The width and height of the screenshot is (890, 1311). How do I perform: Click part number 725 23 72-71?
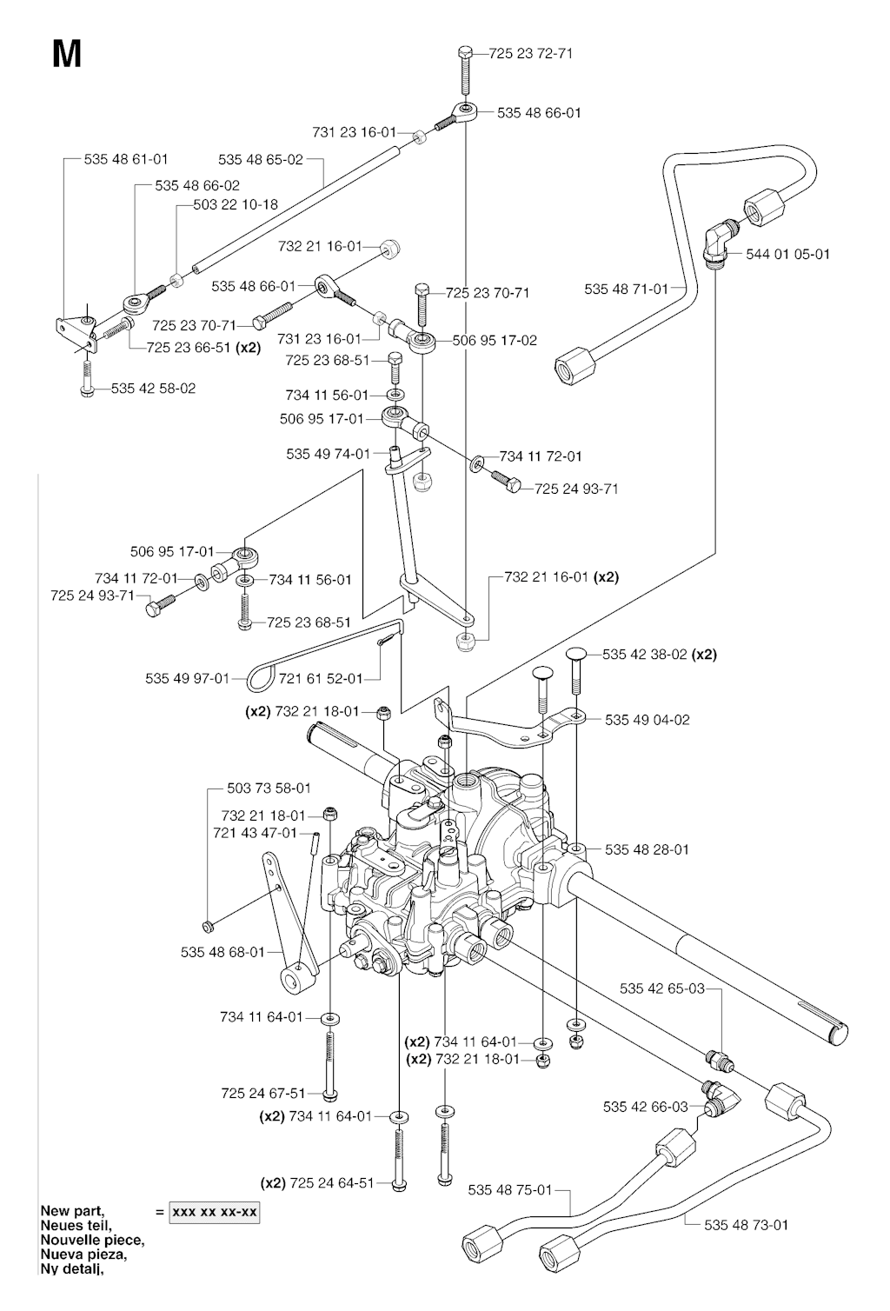point(531,53)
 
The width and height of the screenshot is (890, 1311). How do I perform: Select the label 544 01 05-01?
point(788,254)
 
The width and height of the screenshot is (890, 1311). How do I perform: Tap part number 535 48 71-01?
point(627,289)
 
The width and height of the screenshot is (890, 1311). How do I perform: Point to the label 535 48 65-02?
point(261,159)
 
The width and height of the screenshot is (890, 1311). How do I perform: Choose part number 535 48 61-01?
point(126,159)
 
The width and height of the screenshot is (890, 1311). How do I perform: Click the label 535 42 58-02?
point(154,389)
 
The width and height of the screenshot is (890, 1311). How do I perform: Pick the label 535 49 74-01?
point(328,454)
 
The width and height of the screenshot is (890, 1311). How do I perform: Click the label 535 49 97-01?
point(187,678)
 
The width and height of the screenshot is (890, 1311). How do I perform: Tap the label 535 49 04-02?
point(648,720)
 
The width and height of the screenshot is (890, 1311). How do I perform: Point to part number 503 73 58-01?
point(269,789)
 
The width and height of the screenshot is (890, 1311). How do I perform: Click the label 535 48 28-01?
point(647,849)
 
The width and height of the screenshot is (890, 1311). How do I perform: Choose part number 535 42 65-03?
point(662,988)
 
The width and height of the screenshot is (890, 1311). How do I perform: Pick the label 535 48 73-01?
point(747,1225)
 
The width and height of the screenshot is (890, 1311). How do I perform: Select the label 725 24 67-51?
point(263,1094)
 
